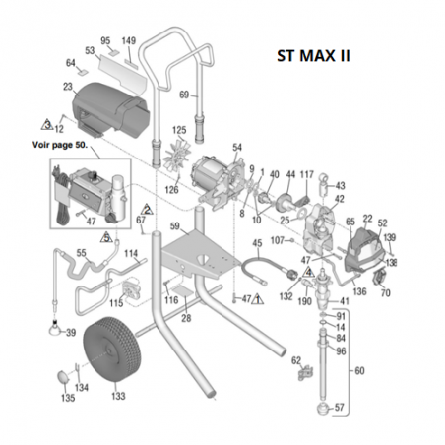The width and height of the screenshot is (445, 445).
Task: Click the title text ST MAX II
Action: tap(314, 55)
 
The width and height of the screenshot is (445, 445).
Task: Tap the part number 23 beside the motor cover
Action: tap(67, 88)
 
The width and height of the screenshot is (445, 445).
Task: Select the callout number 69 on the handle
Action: tap(183, 95)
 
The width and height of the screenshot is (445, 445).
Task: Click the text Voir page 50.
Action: tap(61, 145)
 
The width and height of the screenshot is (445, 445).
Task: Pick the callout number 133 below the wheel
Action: tap(119, 398)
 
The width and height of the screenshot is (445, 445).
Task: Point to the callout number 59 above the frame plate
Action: tap(173, 227)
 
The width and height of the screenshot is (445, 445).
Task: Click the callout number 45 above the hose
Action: tap(257, 243)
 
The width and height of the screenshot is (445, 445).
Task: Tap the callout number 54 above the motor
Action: tap(237, 147)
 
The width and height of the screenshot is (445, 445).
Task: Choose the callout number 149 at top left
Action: tap(127, 41)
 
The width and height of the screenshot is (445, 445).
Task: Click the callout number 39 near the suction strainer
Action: tap(71, 333)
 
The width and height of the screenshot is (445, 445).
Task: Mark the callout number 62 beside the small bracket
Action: tap(294, 361)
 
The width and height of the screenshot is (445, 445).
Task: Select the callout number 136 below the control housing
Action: tap(359, 291)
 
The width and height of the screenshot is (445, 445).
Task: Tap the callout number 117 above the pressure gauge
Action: tap(306, 174)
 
